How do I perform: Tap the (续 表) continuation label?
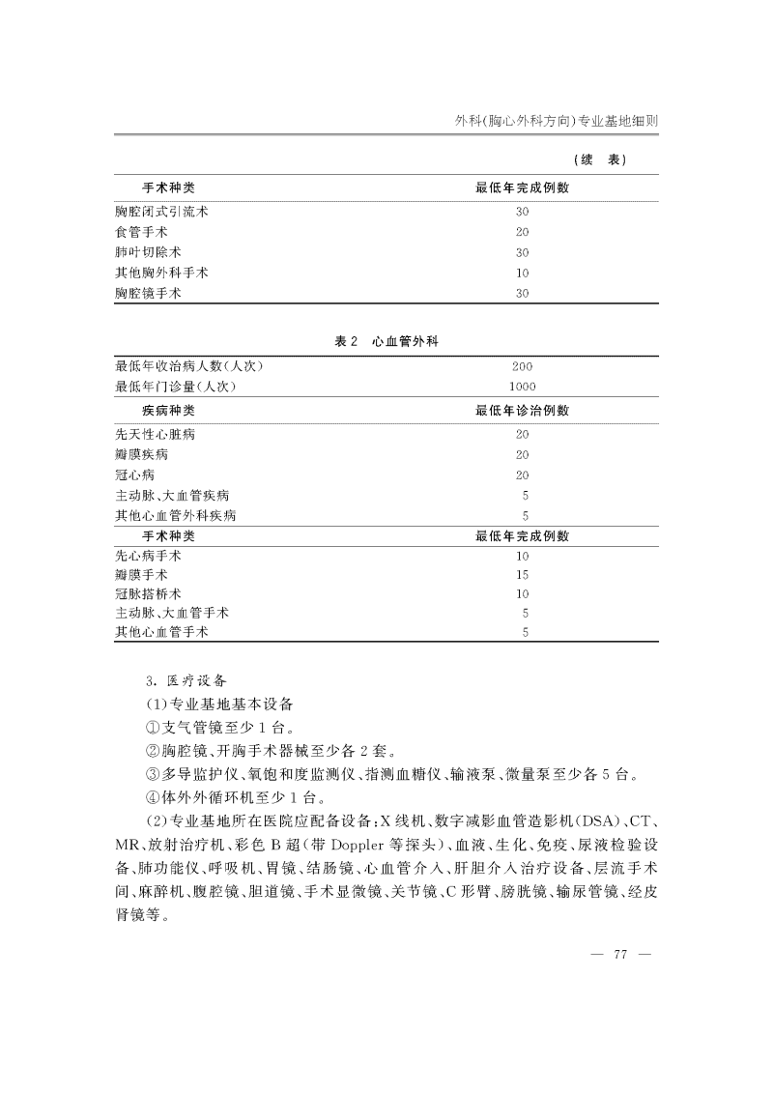[x=600, y=159]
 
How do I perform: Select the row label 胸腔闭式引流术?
[x=160, y=211]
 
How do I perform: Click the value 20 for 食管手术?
[x=522, y=232]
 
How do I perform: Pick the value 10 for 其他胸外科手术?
[x=522, y=273]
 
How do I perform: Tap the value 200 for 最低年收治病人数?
[x=522, y=366]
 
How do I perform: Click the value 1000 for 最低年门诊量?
[x=522, y=387]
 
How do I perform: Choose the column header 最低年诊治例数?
[x=522, y=411]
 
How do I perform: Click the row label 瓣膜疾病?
[x=141, y=454]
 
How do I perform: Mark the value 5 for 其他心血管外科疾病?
[x=525, y=515]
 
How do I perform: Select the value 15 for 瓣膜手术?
[x=522, y=576]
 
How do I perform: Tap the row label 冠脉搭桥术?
[x=147, y=594]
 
